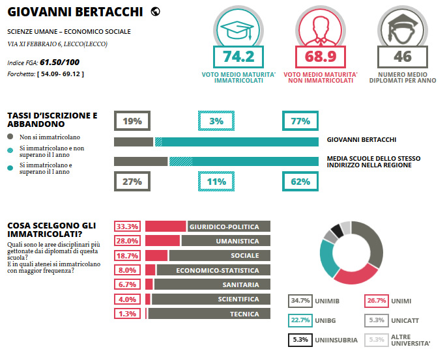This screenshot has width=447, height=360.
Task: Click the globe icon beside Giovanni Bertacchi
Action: pyautogui.click(x=155, y=11)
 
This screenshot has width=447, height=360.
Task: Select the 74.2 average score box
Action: pyautogui.click(x=238, y=57)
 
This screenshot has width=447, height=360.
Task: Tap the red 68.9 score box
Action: pyautogui.click(x=320, y=57)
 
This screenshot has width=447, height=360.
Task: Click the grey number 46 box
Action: pyautogui.click(x=402, y=57)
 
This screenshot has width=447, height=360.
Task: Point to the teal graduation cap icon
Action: pyautogui.click(x=238, y=28)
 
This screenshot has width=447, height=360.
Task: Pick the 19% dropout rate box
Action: pyautogui.click(x=132, y=120)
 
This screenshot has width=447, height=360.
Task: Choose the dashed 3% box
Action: pyautogui.click(x=216, y=120)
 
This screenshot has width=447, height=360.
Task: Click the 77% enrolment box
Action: pyautogui.click(x=300, y=120)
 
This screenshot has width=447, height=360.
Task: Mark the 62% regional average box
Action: pyautogui.click(x=300, y=182)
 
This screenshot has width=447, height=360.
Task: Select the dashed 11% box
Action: pyautogui.click(x=216, y=182)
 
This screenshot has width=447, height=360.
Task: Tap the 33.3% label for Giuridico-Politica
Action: pyautogui.click(x=127, y=227)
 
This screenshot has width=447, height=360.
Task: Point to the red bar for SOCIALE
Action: pyautogui.click(x=156, y=256)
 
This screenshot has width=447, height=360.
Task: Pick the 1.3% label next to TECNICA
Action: pyautogui.click(x=127, y=314)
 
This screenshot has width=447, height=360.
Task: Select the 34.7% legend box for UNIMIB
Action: pyautogui.click(x=300, y=301)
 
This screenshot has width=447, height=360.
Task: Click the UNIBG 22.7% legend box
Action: pyautogui.click(x=300, y=320)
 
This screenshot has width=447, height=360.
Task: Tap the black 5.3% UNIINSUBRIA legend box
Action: pyautogui.click(x=300, y=339)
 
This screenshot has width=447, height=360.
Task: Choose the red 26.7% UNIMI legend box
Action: pyautogui.click(x=376, y=301)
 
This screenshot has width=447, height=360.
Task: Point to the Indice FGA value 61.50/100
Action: pyautogui.click(x=60, y=62)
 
